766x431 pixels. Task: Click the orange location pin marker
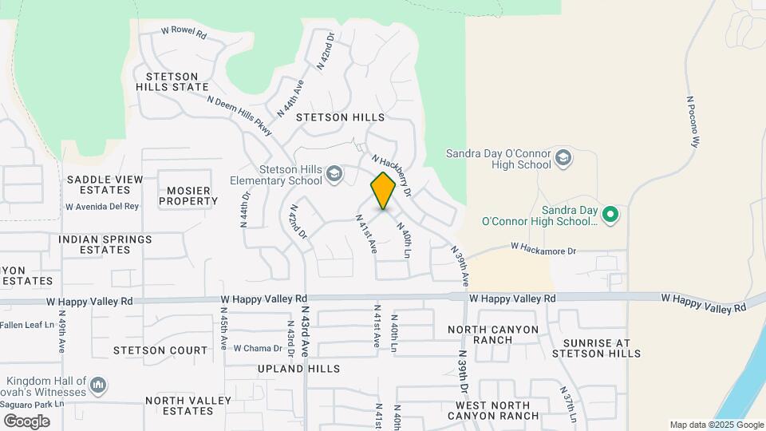coord(383,190)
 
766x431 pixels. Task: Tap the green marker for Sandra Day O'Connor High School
coord(610,214)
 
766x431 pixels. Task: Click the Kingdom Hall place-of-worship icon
coord(98,386)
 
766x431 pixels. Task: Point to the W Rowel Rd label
coord(184,34)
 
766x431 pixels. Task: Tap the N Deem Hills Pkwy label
coord(239,117)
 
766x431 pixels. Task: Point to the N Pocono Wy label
coord(693,121)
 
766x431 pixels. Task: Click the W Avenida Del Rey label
coord(102,206)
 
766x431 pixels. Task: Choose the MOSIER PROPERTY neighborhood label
coord(188,196)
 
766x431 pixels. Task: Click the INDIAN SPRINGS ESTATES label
coord(105,244)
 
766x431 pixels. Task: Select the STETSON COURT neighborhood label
coord(160,350)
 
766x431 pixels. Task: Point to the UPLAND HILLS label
coord(298,369)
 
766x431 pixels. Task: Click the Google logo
coord(26,421)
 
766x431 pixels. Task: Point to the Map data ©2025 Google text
coord(716,425)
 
